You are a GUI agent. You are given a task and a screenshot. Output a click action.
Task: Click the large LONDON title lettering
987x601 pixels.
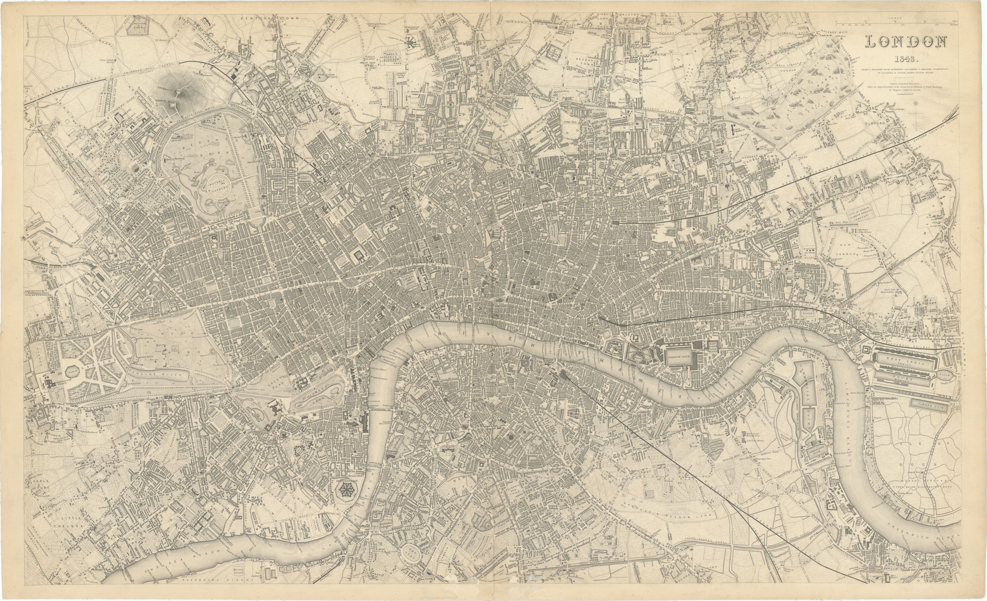[906, 42]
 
